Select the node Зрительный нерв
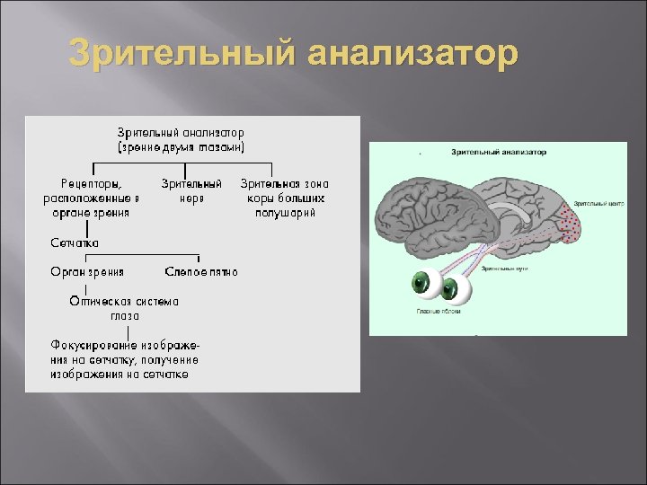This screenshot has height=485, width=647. [191, 190]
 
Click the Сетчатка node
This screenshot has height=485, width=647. [75, 242]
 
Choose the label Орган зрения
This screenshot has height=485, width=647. [87, 271]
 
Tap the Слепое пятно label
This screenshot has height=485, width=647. [201, 271]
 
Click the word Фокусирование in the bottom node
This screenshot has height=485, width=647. [94, 346]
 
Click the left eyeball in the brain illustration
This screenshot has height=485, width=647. [426, 286]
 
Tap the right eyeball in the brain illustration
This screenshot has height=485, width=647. [455, 289]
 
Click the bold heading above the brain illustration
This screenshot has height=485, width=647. [498, 153]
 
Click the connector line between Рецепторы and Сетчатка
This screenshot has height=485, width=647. [86, 228]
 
